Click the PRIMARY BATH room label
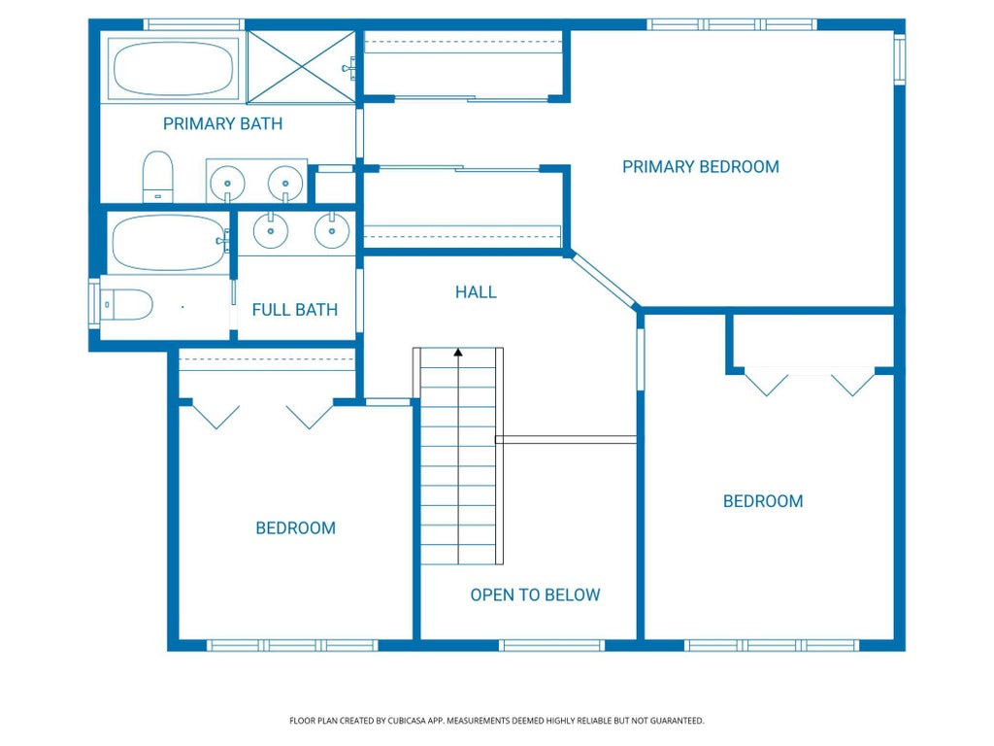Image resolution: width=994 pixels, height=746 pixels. [x=222, y=123]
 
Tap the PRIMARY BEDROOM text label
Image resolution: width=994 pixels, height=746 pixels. [x=701, y=167]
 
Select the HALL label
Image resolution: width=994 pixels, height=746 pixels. [x=476, y=291]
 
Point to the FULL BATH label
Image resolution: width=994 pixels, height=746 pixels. [x=295, y=310]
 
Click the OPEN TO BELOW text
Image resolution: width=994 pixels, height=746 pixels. [x=535, y=595]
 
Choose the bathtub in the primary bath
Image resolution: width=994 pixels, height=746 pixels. [x=173, y=69]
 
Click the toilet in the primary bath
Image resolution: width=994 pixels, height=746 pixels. [x=158, y=177]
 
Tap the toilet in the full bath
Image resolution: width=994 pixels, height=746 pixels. [x=127, y=304]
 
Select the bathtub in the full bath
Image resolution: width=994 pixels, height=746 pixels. [x=169, y=243]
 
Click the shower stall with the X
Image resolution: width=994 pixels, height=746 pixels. [x=301, y=67]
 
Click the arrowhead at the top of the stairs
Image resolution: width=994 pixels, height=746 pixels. [x=458, y=352]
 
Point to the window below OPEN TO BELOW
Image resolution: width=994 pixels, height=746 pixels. [x=551, y=645]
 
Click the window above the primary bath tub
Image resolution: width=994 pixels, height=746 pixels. [x=193, y=24]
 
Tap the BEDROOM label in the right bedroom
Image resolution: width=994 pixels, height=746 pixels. [x=763, y=501]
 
